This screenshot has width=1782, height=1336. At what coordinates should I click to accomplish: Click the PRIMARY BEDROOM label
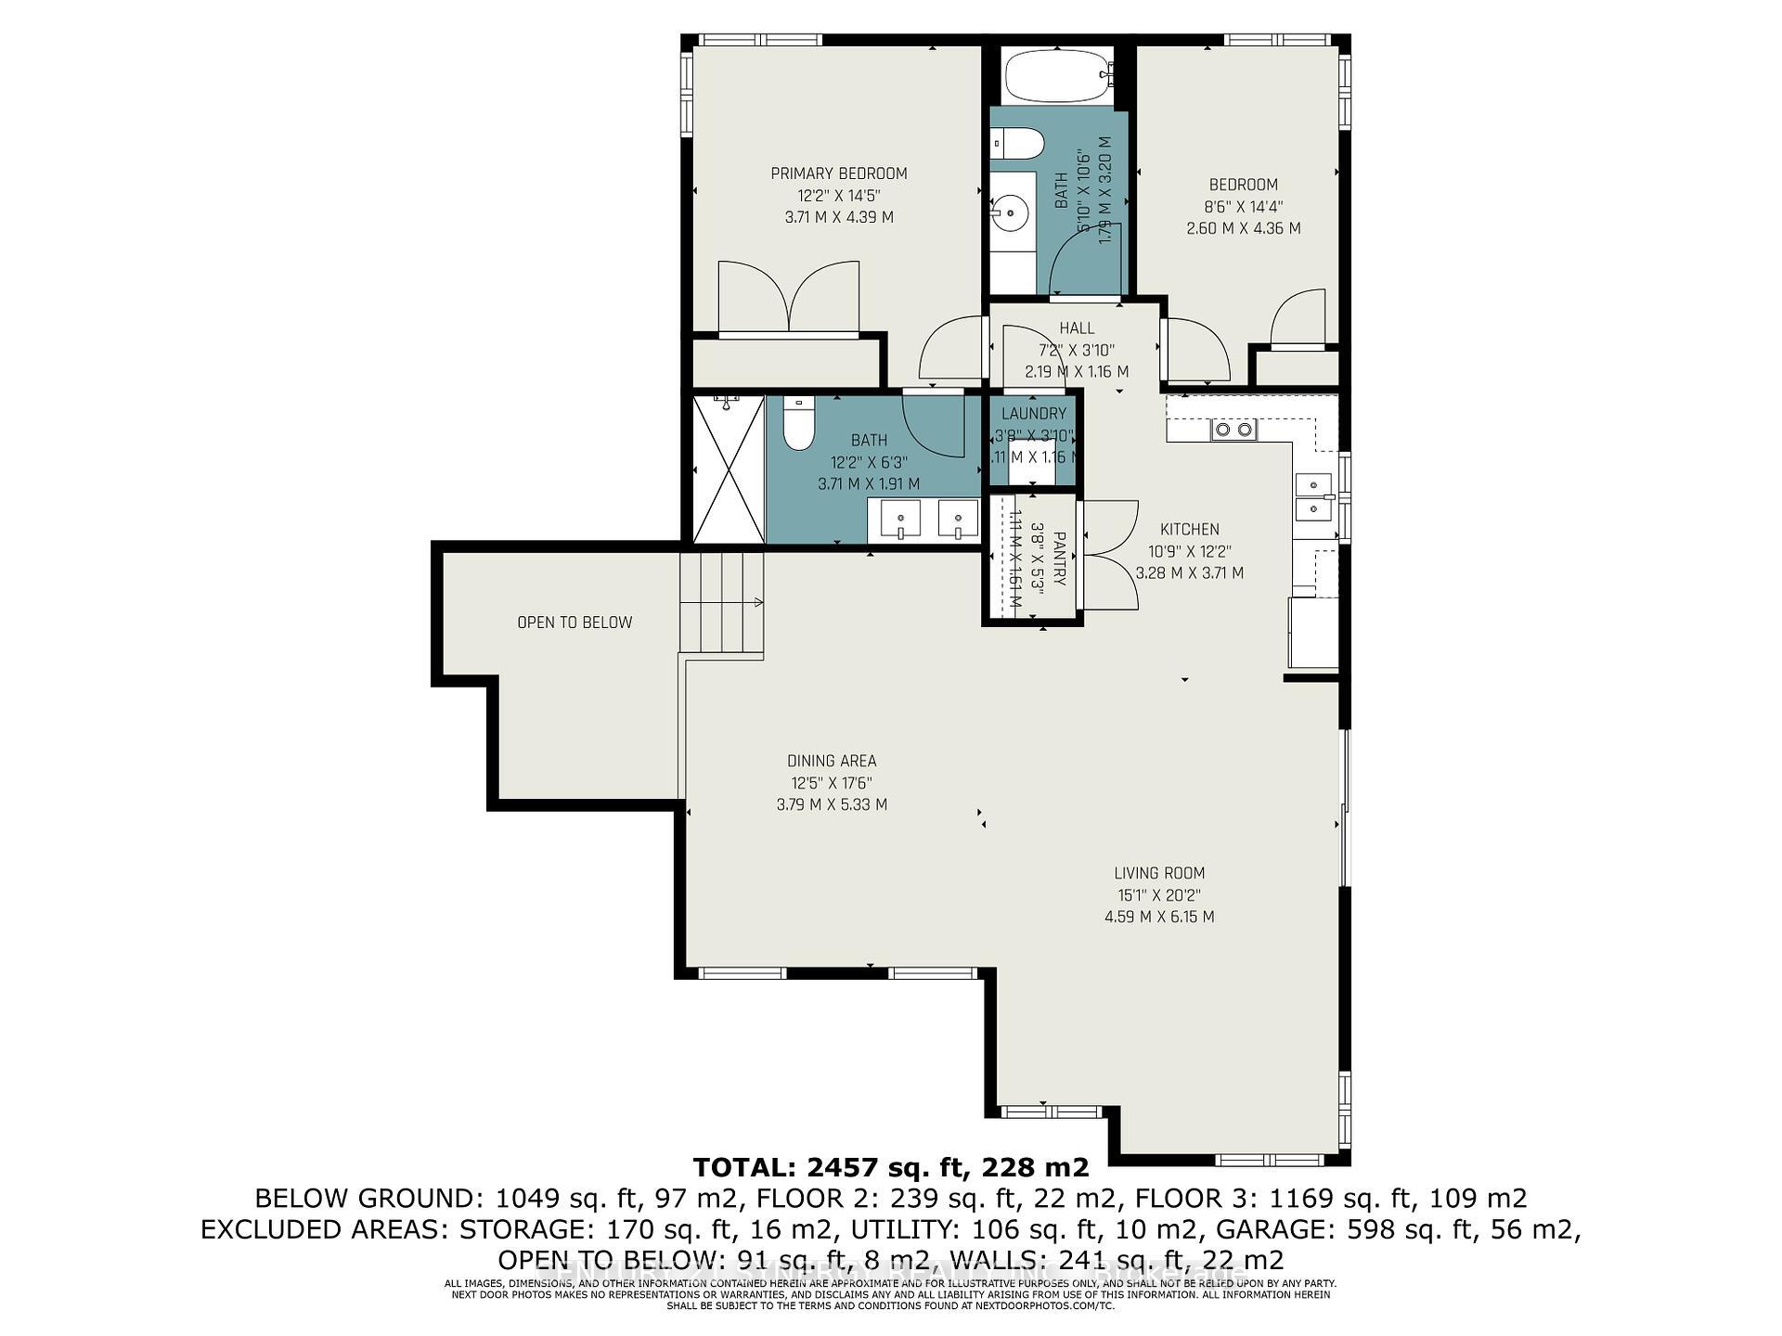point(839,173)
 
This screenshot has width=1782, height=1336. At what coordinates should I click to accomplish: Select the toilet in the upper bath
point(1018,145)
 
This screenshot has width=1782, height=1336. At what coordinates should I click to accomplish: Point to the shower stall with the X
point(730,469)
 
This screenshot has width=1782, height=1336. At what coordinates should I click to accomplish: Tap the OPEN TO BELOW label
point(575,623)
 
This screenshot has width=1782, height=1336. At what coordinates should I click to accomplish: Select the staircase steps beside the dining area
point(722,603)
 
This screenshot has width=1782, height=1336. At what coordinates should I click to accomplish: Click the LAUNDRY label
point(1033,414)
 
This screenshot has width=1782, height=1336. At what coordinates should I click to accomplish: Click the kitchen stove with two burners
point(1233,430)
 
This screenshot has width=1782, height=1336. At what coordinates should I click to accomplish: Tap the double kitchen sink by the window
point(1314,496)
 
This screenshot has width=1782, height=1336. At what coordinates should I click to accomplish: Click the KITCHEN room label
point(1190,530)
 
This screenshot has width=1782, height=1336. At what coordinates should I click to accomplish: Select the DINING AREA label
point(832,762)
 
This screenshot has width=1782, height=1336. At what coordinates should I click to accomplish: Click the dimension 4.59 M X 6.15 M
point(1159,918)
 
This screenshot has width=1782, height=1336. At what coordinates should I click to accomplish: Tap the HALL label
point(1077,328)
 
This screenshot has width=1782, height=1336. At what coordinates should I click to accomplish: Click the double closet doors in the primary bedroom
point(789,297)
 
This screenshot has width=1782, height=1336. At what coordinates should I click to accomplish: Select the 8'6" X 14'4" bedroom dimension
point(1244,207)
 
